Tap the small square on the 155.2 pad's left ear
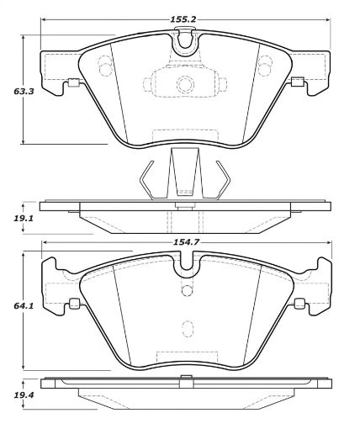tap(72, 82)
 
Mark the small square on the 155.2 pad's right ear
tap(297, 82)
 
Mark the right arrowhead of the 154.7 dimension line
tap(327, 241)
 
